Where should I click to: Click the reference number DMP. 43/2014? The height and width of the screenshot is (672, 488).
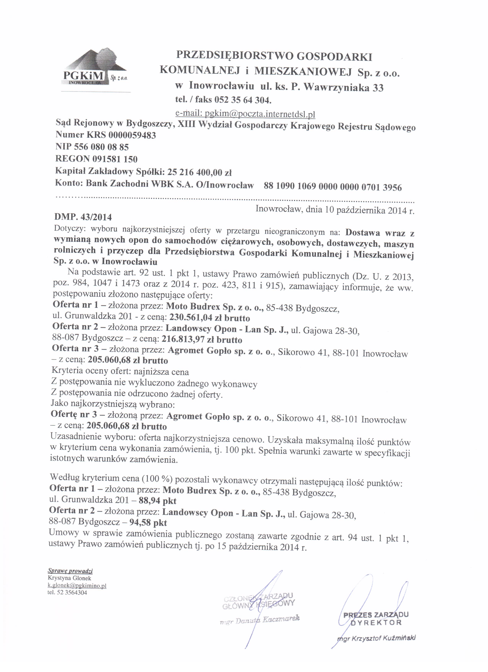pos(83,217)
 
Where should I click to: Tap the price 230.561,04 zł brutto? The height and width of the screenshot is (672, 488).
pos(210,318)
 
